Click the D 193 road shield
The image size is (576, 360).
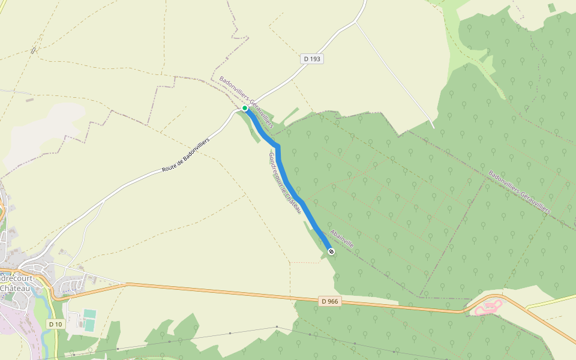(x=312, y=59)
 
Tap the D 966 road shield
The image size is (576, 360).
(x=329, y=301)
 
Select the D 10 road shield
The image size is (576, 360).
(x=55, y=324)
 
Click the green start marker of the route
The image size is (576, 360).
(x=245, y=108)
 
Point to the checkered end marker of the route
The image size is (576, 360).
(x=331, y=251)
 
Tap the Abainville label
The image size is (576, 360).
(x=341, y=239)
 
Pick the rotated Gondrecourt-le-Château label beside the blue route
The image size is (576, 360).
(x=284, y=184)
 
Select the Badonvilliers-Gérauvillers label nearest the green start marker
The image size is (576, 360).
(x=246, y=102)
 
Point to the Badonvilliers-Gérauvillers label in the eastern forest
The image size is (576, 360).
(x=519, y=192)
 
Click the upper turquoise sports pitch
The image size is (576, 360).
(x=89, y=314)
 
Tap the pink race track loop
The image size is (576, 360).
(x=489, y=307)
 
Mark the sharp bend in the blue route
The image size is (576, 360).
(x=278, y=146)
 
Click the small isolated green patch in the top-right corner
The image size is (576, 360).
(x=551, y=8)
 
